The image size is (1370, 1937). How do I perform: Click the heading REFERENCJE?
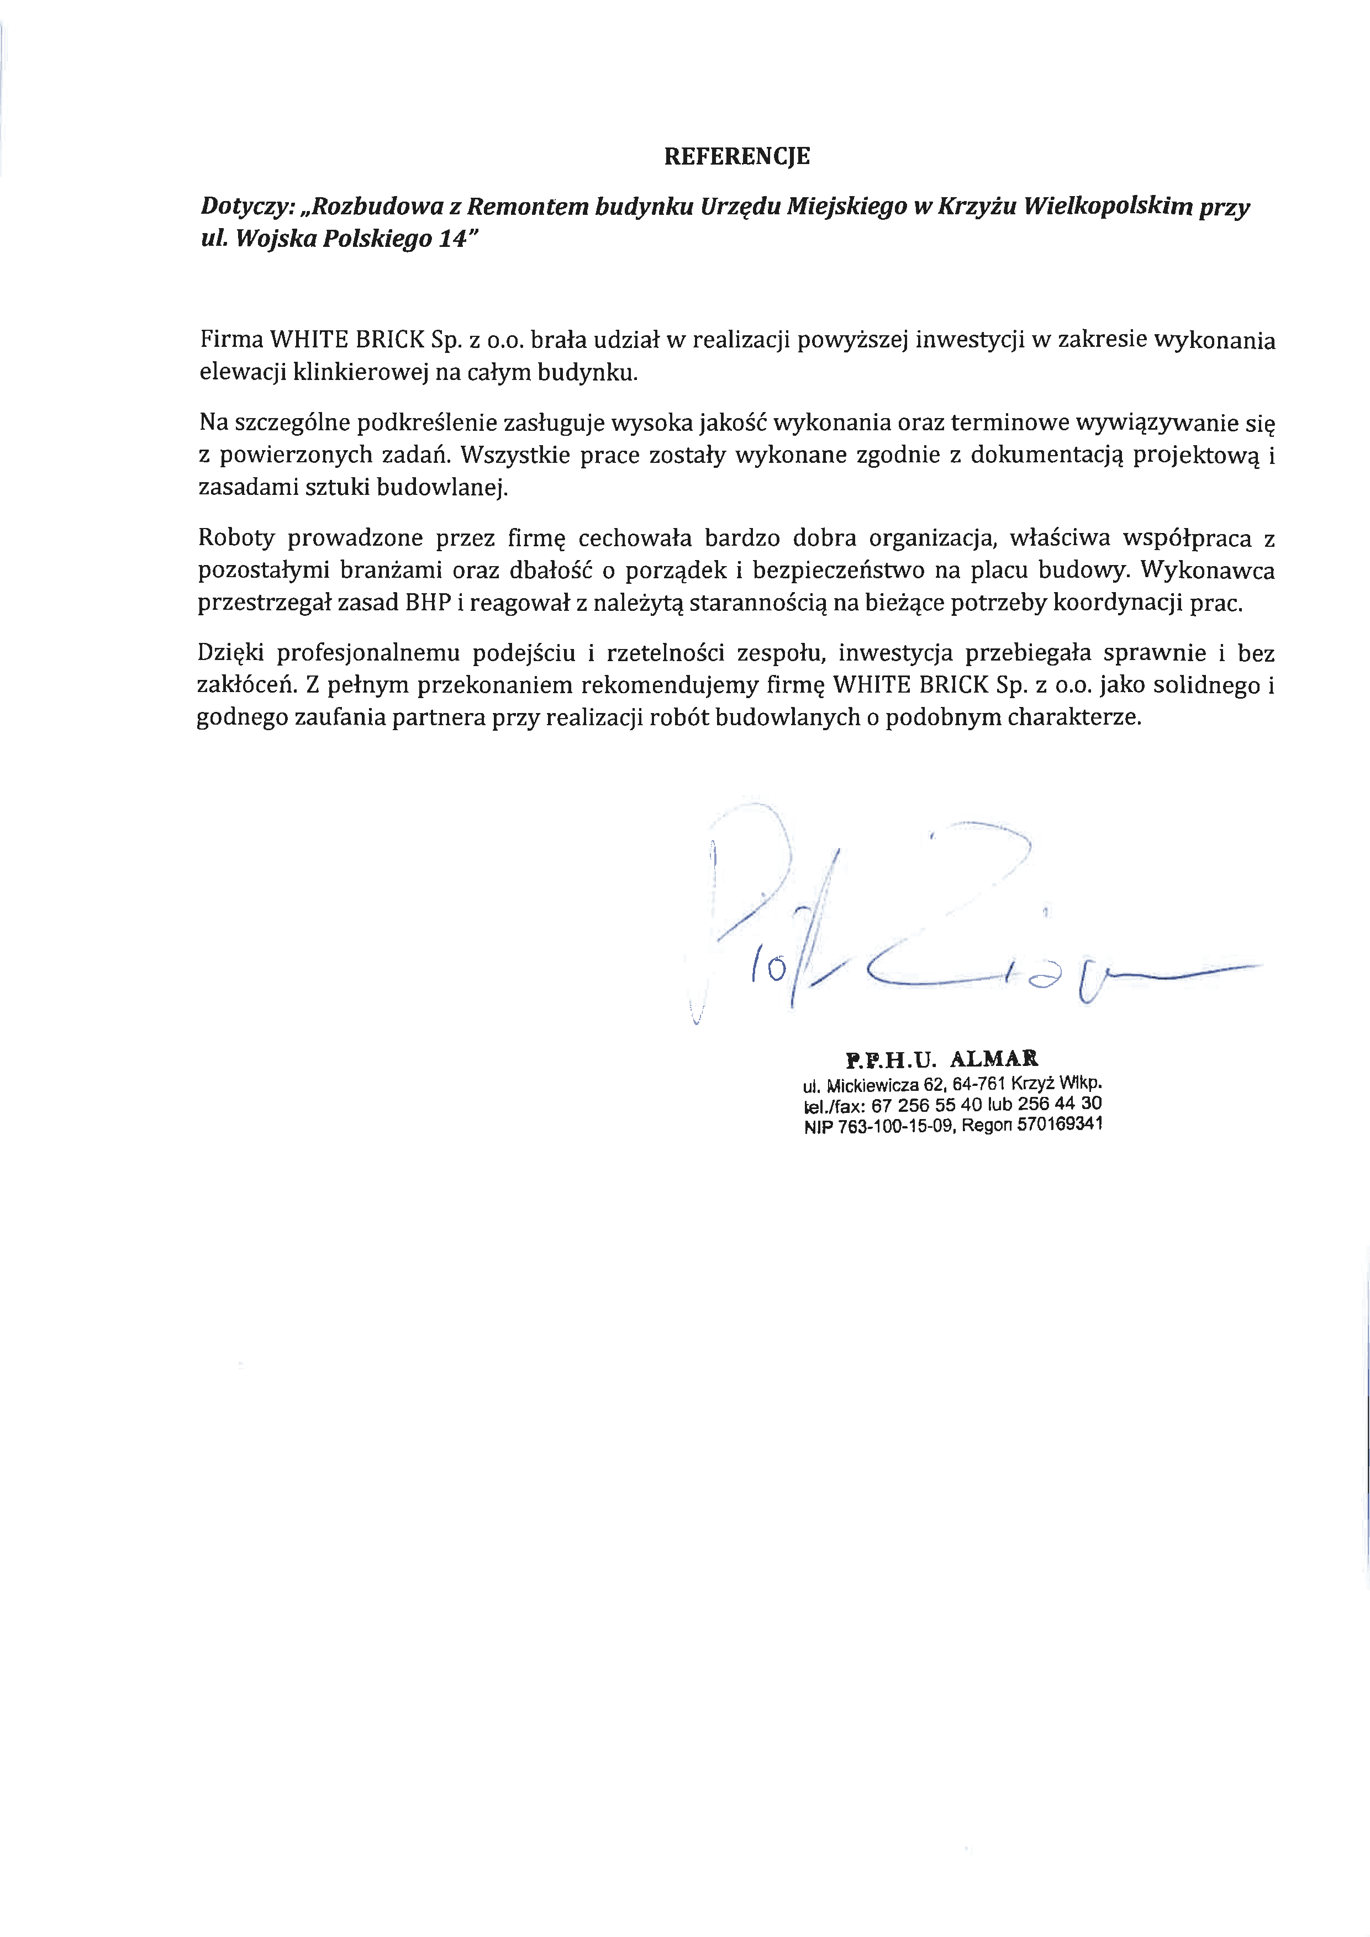click(x=736, y=156)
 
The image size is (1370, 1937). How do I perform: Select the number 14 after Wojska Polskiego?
click(x=453, y=240)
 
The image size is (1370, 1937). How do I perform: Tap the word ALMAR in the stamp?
click(x=994, y=1059)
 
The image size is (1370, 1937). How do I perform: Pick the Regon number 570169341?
click(x=1060, y=1124)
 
